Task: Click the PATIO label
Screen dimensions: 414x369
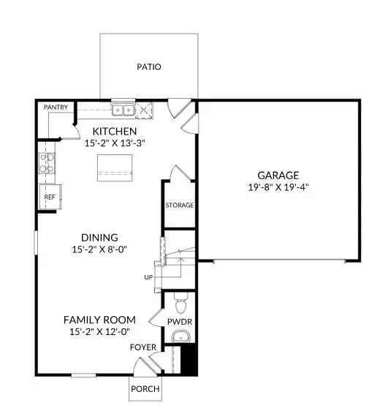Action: (x=148, y=67)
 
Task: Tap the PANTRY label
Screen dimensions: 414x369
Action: (x=56, y=108)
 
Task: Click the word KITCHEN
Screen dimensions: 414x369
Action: (x=115, y=131)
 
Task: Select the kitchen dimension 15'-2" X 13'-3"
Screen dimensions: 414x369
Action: (x=115, y=143)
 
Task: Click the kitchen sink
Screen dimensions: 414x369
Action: (x=122, y=110)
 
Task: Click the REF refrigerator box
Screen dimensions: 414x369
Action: (x=50, y=197)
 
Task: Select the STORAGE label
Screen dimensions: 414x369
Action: (x=179, y=206)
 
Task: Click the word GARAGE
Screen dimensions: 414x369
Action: (x=278, y=176)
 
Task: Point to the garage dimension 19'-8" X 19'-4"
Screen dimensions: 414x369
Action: (x=278, y=188)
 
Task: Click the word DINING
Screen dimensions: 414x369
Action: (x=99, y=237)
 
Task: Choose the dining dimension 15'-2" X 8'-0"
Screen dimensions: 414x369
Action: (x=99, y=249)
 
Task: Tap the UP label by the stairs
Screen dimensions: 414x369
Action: (x=148, y=278)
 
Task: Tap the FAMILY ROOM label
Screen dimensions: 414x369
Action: (x=99, y=320)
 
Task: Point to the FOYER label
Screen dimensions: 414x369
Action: (x=142, y=347)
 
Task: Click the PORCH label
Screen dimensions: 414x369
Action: (x=145, y=389)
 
